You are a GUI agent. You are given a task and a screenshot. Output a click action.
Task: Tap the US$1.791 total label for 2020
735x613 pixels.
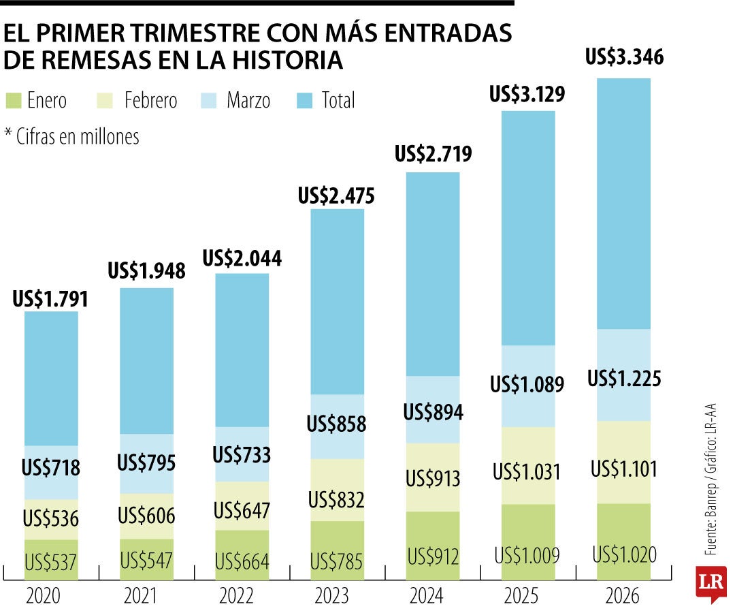tap(51, 299)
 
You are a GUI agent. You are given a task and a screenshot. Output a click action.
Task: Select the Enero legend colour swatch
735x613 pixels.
tap(13, 101)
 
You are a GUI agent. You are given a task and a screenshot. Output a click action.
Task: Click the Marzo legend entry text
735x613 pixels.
tap(248, 101)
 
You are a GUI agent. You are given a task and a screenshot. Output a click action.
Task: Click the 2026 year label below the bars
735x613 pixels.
tap(623, 597)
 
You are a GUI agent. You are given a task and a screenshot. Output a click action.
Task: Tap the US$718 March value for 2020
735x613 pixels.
tap(51, 469)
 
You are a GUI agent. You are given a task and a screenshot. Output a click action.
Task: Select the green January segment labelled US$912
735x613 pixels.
tap(433, 556)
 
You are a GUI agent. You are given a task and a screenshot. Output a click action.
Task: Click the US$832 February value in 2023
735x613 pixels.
tap(337, 500)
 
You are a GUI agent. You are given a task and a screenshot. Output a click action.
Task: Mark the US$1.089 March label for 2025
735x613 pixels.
tap(527, 385)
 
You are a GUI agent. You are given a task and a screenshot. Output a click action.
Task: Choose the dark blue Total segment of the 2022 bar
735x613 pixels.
tap(242, 351)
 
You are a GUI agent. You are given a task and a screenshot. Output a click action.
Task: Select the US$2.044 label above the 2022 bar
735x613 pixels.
tap(242, 259)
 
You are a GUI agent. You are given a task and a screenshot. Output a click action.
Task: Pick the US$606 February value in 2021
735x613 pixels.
tap(146, 516)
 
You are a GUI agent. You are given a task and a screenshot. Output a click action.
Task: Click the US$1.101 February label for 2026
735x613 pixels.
tap(624, 469)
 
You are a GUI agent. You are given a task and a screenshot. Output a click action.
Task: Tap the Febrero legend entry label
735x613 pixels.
tap(150, 101)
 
